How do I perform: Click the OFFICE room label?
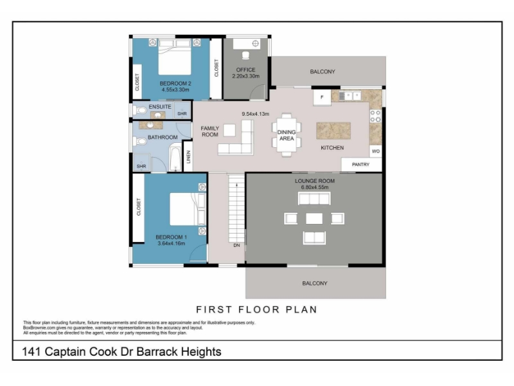[245, 70]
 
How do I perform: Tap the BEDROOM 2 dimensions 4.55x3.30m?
[175, 89]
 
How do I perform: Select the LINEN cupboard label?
[188, 157]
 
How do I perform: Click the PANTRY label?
[360, 165]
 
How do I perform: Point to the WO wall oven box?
[376, 151]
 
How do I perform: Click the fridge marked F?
[322, 97]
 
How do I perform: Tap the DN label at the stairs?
[236, 245]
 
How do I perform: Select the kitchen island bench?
[333, 131]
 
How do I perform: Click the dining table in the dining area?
[287, 135]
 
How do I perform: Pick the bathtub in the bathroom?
[175, 159]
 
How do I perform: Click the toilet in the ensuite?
[139, 110]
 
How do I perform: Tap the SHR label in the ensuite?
[182, 114]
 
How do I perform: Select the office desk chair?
[245, 55]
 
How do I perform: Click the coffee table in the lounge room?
[314, 219]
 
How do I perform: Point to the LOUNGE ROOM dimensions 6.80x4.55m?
[315, 187]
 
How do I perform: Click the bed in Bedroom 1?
[188, 209]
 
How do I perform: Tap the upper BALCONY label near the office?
[323, 71]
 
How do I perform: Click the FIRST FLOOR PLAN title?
[256, 309]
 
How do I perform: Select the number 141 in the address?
[31, 351]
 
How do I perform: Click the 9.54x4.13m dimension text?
[255, 114]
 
